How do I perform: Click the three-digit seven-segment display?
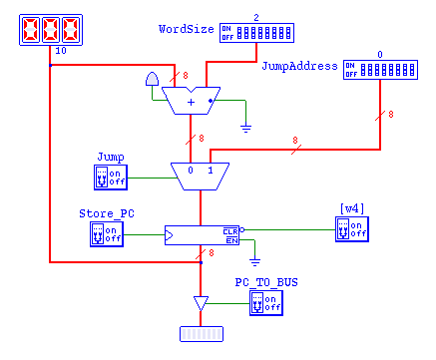click(x=50, y=30)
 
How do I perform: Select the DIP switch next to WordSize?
click(x=256, y=33)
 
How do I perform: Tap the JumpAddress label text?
click(x=298, y=67)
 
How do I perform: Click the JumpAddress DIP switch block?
click(x=378, y=68)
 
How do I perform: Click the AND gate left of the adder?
click(x=152, y=80)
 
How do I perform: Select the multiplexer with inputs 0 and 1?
click(x=200, y=175)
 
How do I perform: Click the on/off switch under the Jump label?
click(x=107, y=177)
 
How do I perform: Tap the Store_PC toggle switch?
click(x=107, y=233)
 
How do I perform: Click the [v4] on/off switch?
click(x=352, y=228)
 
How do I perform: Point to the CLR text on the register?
click(x=230, y=229)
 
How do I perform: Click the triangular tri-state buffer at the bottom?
click(x=200, y=303)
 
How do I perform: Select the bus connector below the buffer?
click(x=200, y=333)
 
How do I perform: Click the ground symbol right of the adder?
click(x=245, y=128)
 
